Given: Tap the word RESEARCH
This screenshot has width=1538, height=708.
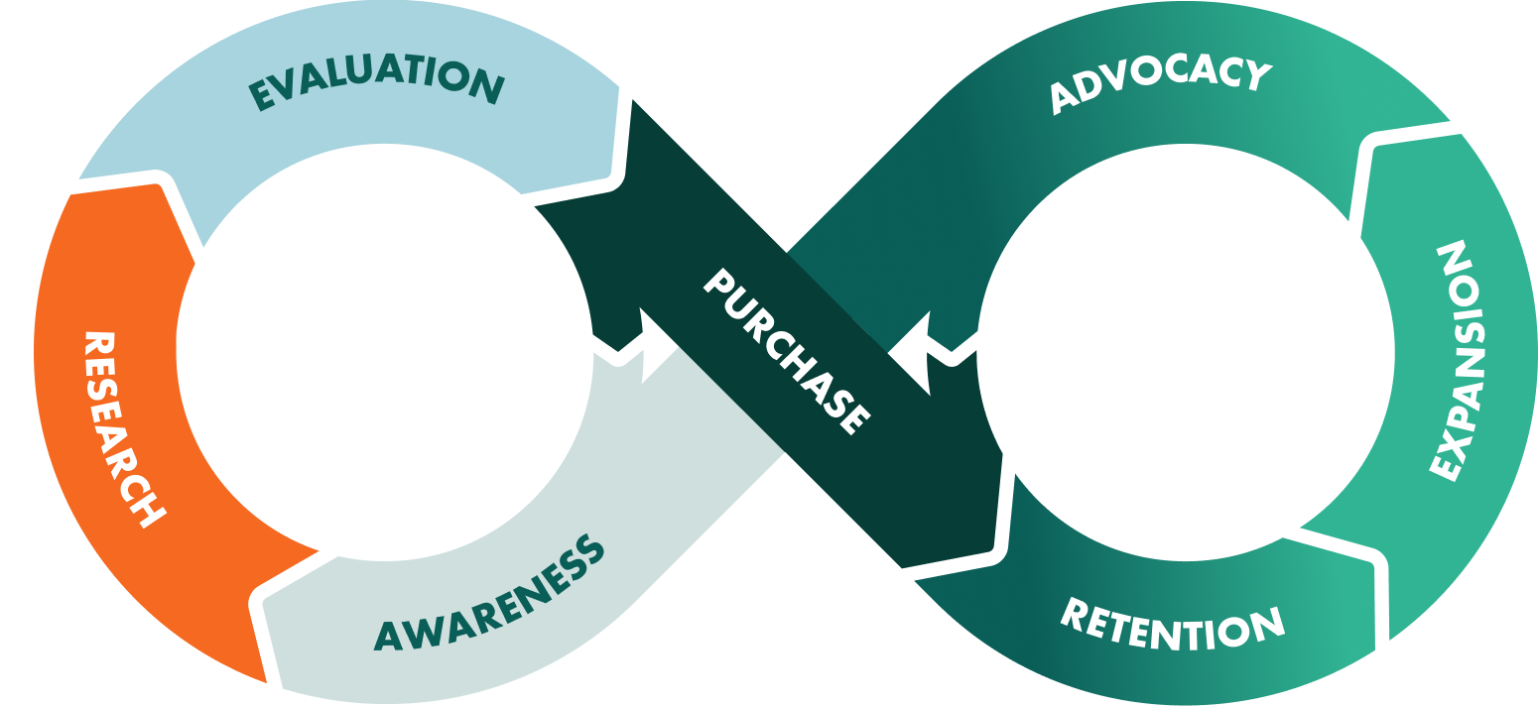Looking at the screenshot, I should click(x=123, y=428).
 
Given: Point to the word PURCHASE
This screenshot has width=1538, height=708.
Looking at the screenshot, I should click(x=787, y=351).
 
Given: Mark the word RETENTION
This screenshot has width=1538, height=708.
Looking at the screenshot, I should click(x=1173, y=623).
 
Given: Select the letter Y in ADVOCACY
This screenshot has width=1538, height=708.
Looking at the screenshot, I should click(x=1255, y=75).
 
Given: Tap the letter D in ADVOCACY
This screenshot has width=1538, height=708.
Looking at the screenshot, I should click(x=1089, y=91).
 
